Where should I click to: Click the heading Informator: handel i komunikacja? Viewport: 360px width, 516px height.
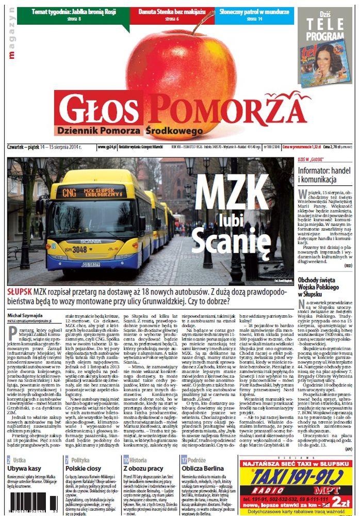(x=321, y=178)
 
